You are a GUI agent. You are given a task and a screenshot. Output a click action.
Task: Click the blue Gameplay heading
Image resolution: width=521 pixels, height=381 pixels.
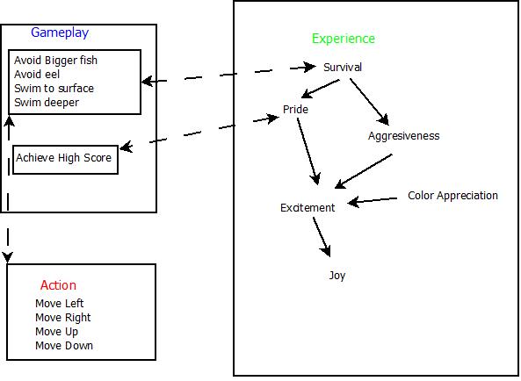(x=60, y=33)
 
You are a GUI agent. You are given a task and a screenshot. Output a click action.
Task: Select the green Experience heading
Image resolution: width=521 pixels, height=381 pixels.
(x=343, y=39)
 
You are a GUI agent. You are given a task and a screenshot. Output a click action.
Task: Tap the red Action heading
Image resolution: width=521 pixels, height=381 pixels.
(x=58, y=285)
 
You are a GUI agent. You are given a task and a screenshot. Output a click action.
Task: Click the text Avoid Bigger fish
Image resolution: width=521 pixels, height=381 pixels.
(x=55, y=61)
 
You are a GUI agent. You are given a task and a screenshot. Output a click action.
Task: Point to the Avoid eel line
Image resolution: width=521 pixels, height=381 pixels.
(x=37, y=75)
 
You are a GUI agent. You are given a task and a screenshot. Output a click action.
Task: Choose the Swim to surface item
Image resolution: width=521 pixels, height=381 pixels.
(x=54, y=89)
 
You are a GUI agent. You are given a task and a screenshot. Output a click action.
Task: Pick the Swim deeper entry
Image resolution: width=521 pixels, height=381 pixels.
(x=47, y=103)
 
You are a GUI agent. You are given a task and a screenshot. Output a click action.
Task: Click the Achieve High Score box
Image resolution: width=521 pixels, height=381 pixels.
(x=65, y=158)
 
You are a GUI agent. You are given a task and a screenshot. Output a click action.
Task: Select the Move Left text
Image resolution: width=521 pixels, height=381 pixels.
(x=60, y=304)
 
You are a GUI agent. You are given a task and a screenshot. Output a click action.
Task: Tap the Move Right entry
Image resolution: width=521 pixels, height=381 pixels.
(x=63, y=318)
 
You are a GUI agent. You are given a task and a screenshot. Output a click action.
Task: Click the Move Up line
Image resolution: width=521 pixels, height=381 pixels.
(x=57, y=332)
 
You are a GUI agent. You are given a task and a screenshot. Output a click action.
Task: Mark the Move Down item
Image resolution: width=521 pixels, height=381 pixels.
(x=64, y=346)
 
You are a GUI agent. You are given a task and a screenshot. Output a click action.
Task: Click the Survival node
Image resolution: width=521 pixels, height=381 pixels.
(x=343, y=68)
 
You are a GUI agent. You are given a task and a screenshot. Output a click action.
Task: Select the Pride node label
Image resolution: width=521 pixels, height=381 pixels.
(x=295, y=110)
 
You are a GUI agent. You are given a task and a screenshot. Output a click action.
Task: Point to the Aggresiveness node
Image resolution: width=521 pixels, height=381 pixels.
(x=403, y=136)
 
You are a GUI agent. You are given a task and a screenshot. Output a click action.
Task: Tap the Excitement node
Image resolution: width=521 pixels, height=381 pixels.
(x=308, y=208)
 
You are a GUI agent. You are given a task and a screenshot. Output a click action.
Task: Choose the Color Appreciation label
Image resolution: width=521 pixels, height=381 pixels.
(x=452, y=196)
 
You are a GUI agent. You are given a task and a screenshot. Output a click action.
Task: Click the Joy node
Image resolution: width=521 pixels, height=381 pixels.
(x=337, y=276)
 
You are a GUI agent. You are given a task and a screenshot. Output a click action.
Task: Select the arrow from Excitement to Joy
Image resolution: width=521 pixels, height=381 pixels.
(x=322, y=236)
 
